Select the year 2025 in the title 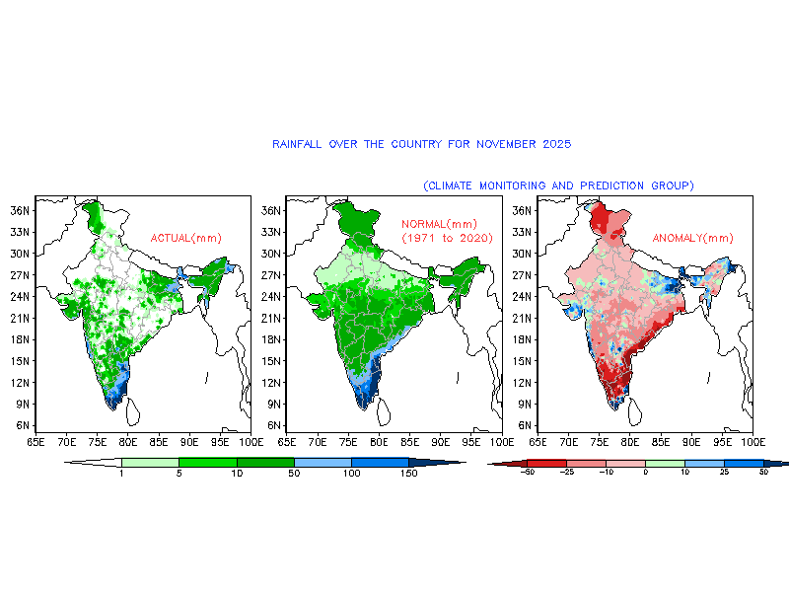(556, 144)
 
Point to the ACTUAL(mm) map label (185, 238)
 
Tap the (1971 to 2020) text (447, 239)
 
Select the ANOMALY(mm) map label (693, 238)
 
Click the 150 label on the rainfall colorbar (410, 474)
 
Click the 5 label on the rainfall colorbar (179, 474)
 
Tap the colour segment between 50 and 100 (323, 462)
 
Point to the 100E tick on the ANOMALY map (753, 441)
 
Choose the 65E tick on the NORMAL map (287, 441)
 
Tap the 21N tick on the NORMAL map (269, 318)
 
